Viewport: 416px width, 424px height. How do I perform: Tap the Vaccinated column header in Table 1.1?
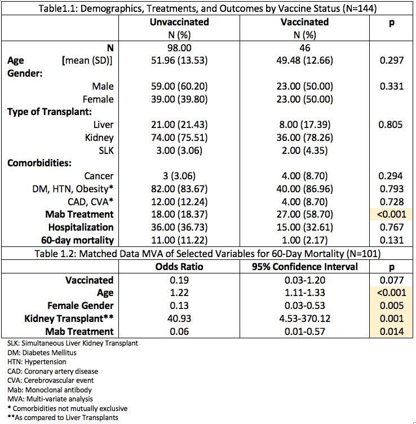(x=304, y=22)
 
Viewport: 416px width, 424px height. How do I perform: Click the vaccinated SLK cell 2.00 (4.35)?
(x=304, y=150)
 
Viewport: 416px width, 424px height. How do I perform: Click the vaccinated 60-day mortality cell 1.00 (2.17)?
(x=304, y=240)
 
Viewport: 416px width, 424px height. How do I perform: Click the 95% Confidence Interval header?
(x=304, y=267)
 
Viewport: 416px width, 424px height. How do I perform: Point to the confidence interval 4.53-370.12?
(x=304, y=318)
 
